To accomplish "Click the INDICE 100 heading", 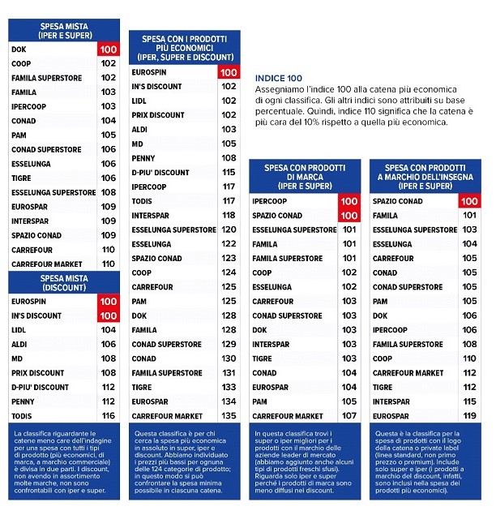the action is (x=278, y=78).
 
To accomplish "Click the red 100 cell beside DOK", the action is (x=109, y=49).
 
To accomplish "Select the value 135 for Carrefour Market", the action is (x=229, y=416).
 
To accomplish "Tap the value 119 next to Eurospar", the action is (x=470, y=416).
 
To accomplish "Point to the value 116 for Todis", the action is (x=109, y=416).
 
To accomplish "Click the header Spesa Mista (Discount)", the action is (x=64, y=283).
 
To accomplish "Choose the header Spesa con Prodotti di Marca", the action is (x=305, y=177).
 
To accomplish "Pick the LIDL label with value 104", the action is (x=19, y=330).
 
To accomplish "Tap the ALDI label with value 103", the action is (x=139, y=130).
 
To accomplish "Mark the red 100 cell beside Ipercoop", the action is (x=349, y=201).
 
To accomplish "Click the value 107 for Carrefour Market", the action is (x=349, y=416).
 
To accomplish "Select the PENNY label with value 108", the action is (x=143, y=158).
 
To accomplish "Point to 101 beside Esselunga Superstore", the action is (x=349, y=230).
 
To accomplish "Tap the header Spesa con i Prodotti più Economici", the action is (x=185, y=48).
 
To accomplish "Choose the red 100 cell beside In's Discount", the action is (x=109, y=315).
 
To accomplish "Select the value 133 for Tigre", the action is (x=229, y=387).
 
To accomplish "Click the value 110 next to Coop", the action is (x=470, y=358).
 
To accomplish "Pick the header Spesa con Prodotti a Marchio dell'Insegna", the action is (x=425, y=177).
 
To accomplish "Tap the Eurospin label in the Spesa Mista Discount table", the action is (x=28, y=302).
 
